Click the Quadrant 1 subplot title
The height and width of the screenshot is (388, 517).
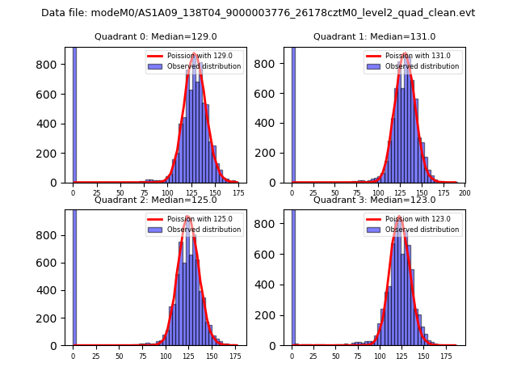pyautogui.click(x=374, y=37)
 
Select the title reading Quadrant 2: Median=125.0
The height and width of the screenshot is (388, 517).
pyautogui.click(x=155, y=200)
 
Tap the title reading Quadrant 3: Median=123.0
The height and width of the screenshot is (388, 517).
pyautogui.click(x=374, y=200)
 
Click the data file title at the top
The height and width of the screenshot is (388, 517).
pyautogui.click(x=258, y=13)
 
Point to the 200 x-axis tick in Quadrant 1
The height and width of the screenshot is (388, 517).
pyautogui.click(x=464, y=193)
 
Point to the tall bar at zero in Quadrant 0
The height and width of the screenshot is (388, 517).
pyautogui.click(x=74, y=113)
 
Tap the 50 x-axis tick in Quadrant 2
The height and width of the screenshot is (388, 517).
pyautogui.click(x=119, y=356)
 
